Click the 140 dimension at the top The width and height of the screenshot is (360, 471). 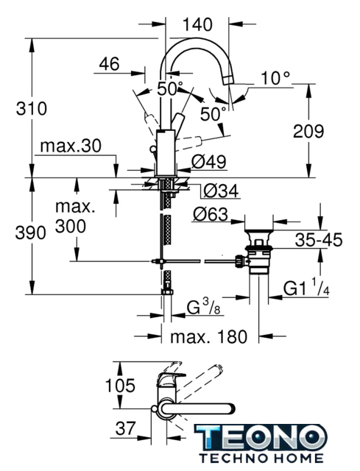197,24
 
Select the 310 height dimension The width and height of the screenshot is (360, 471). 32,108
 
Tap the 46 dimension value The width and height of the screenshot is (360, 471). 109,64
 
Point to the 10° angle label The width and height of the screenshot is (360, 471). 275,78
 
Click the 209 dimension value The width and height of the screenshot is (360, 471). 308,131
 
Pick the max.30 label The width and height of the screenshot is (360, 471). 71,146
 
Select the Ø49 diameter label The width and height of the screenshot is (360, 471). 209,162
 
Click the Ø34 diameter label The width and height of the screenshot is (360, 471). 221,191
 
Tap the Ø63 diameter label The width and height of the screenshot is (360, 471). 211,214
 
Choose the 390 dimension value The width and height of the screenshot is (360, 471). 31,233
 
